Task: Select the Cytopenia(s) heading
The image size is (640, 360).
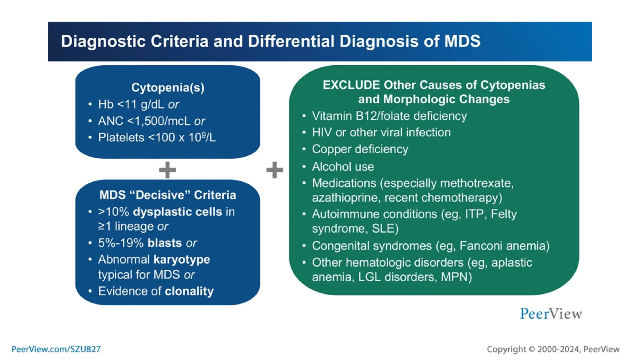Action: point(168,88)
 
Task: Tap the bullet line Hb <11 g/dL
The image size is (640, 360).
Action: point(138,104)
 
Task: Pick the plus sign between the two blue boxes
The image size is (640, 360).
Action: point(167,170)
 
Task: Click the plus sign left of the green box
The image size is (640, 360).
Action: point(274,170)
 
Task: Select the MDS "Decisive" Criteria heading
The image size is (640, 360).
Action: point(168,195)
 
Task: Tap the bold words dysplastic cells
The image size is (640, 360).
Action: point(177,212)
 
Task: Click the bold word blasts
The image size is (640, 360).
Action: point(164,243)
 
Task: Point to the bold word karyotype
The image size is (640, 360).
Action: point(182,260)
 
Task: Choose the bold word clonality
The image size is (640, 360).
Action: point(189,291)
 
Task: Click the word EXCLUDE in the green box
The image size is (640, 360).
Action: point(351,85)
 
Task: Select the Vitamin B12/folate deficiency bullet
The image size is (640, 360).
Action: point(389,116)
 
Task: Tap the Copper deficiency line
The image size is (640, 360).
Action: point(360,149)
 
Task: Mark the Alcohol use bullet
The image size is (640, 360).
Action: point(343,167)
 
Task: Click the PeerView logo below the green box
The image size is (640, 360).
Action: point(551,314)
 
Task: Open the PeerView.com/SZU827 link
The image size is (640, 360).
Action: point(56,349)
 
